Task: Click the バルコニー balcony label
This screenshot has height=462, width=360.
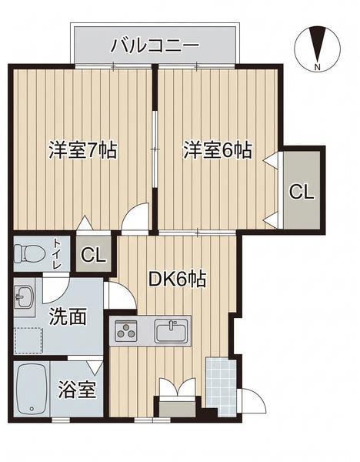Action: point(155,45)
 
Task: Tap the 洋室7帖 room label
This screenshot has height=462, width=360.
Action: point(83,150)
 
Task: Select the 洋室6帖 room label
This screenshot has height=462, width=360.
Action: point(218,150)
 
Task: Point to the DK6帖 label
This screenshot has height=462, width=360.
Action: point(177,279)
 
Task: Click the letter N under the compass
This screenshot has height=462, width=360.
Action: point(317,67)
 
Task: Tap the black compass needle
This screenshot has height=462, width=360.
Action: point(318,44)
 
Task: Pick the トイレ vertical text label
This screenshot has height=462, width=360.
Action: point(57,253)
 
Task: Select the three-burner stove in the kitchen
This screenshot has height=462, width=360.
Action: point(126,330)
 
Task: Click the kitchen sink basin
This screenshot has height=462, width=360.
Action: point(171,331)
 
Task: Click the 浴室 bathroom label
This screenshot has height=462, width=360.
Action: point(77,390)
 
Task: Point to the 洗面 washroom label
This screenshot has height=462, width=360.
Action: point(68,316)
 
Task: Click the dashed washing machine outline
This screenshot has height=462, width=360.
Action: point(28,340)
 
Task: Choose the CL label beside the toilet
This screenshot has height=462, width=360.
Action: point(93,255)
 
